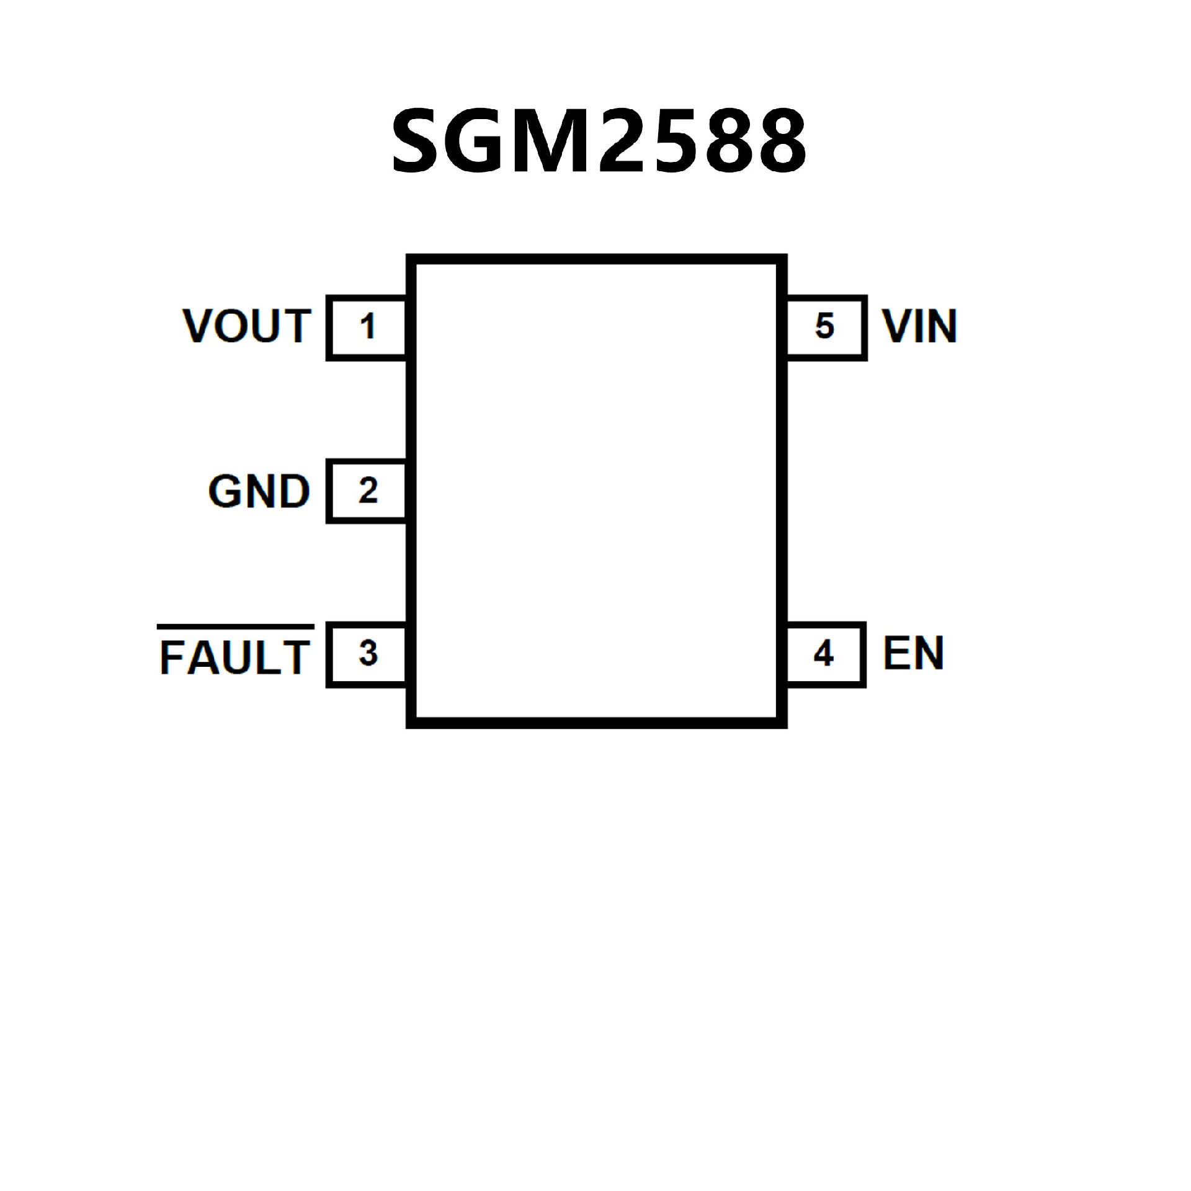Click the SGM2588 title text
599,141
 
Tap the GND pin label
259,491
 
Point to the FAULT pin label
235,658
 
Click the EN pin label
913,653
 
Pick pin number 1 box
367,328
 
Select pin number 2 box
367,491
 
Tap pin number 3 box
367,655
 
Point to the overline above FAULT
235,626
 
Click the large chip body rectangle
596,491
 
